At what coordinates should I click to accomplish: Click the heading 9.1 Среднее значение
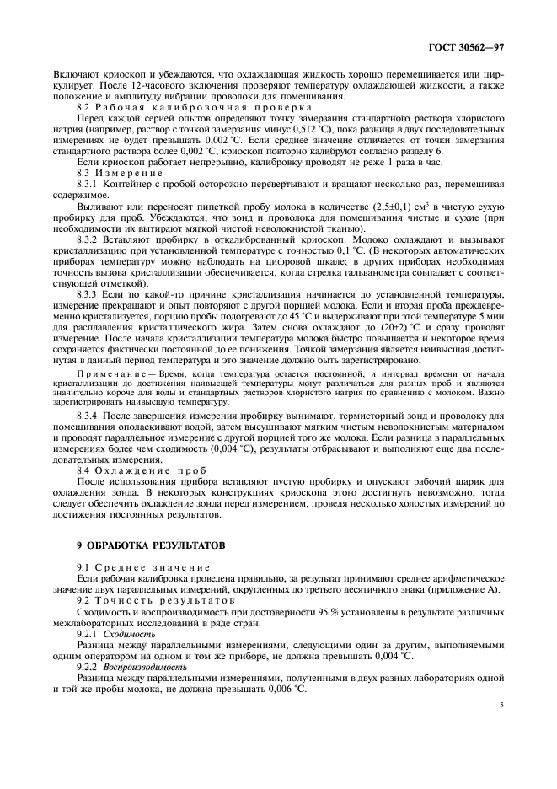pos(133,568)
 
